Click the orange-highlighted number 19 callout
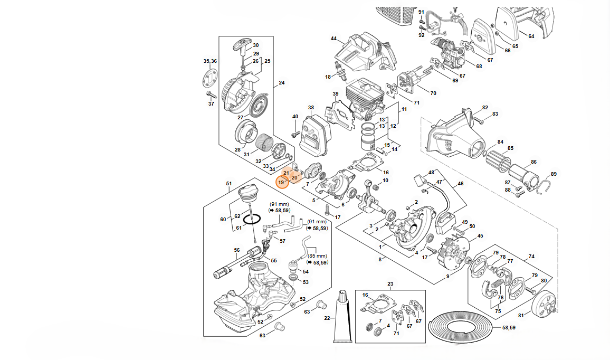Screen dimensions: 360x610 281,182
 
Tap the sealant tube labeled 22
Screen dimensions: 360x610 342,317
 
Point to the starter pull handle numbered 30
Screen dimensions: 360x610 241,45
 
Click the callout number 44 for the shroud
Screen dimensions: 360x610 333,39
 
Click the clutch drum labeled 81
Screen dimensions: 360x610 544,306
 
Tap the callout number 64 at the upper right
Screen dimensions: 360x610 531,36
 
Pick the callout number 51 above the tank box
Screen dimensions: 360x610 229,184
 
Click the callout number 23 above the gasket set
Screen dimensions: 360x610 390,285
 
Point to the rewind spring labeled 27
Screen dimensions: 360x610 258,107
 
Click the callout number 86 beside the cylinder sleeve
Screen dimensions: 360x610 533,162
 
